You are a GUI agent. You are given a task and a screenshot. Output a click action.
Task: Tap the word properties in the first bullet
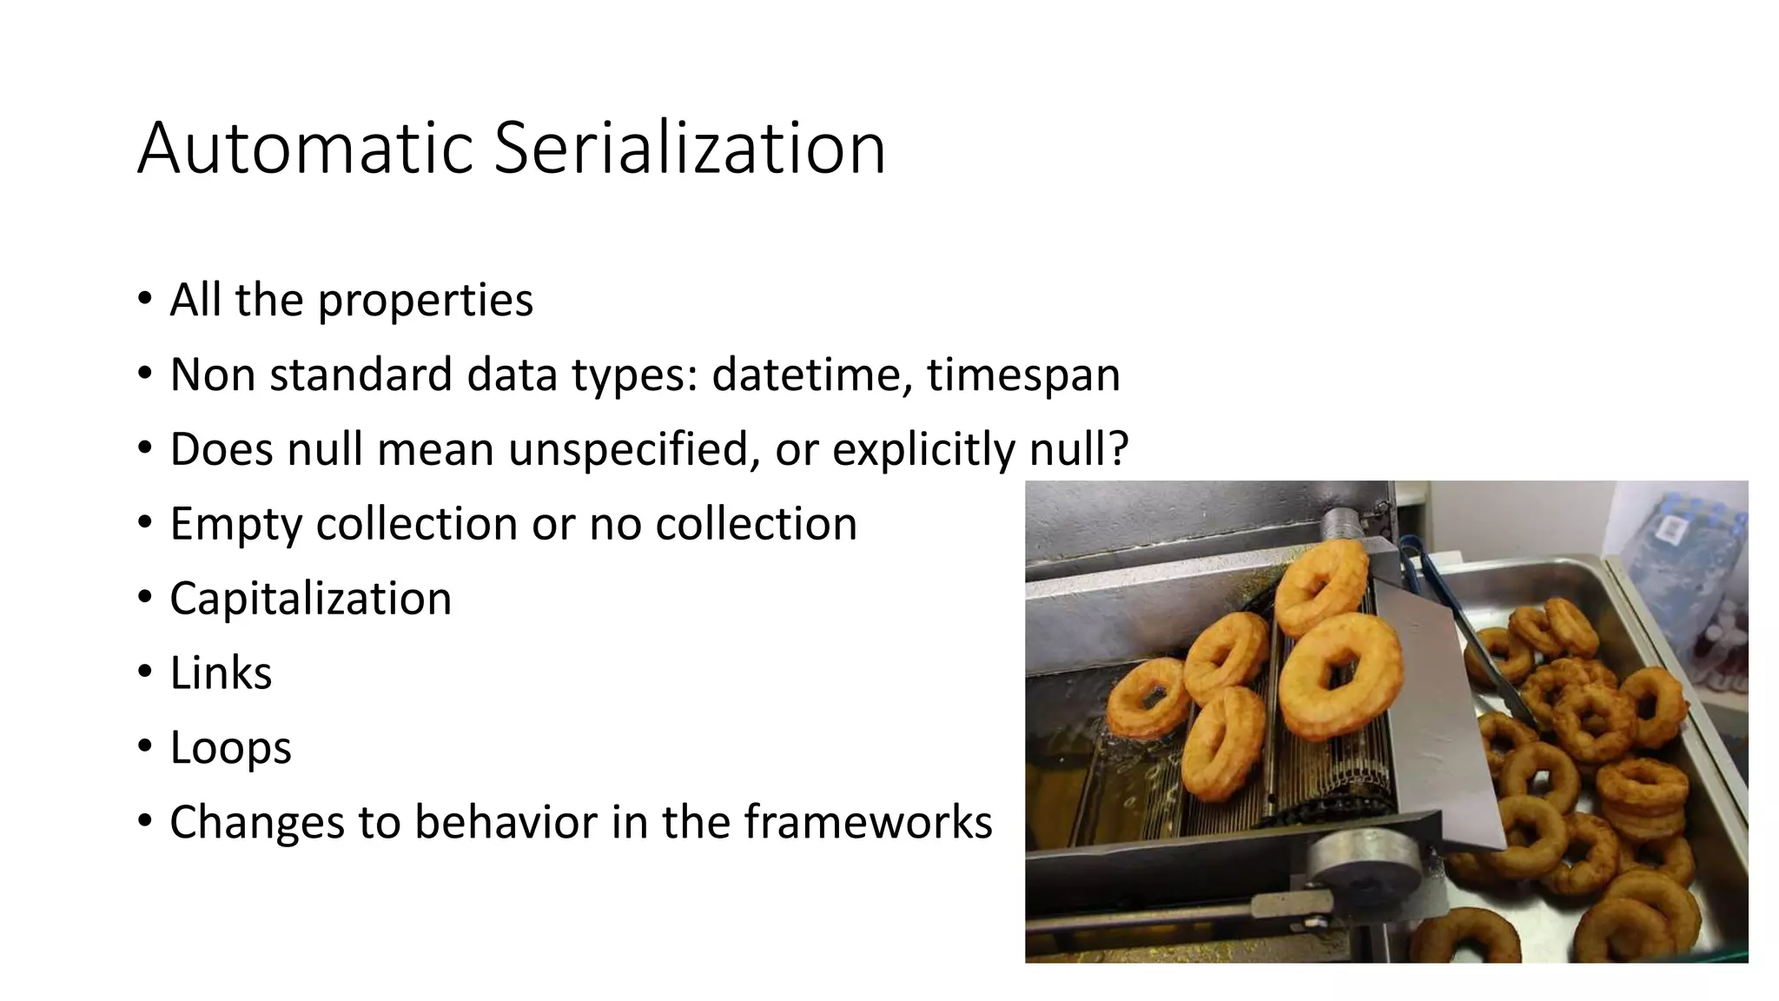point(425,301)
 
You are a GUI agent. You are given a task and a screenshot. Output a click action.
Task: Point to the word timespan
point(1023,375)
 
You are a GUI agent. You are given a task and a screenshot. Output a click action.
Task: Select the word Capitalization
point(310,599)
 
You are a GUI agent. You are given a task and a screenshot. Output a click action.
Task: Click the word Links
point(221,673)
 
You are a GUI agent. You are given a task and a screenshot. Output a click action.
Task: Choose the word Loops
point(230,748)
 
